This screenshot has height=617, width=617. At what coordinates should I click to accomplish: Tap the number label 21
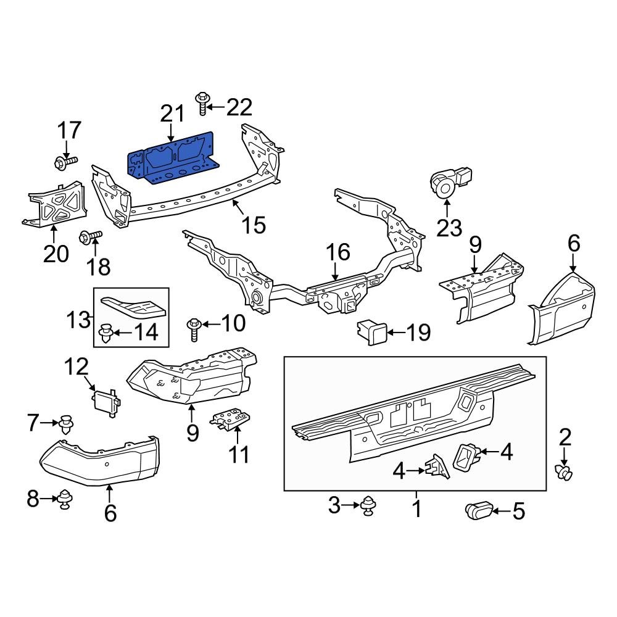(x=172, y=114)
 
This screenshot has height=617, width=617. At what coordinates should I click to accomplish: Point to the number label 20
(x=56, y=253)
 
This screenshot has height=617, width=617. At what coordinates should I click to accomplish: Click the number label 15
(x=254, y=225)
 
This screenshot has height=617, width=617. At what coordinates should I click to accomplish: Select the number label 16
(x=338, y=252)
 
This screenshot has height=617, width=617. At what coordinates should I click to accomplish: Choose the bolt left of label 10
(x=194, y=327)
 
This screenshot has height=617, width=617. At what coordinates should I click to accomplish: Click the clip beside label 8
(x=64, y=499)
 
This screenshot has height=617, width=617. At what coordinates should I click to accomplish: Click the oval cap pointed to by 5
(x=479, y=511)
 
